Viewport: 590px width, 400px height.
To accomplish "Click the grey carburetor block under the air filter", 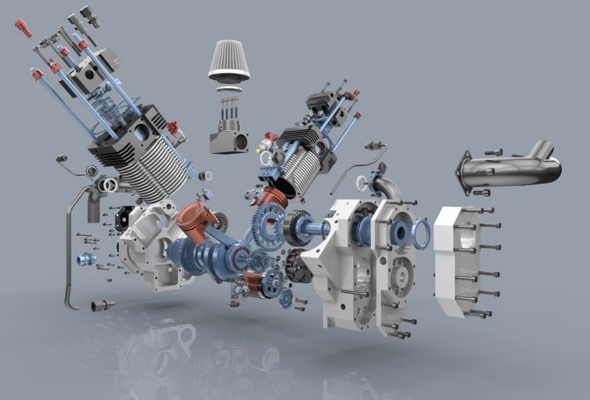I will [x=227, y=137].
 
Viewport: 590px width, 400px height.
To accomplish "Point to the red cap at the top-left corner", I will [x=23, y=28].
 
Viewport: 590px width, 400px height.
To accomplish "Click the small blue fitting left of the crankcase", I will [x=85, y=259].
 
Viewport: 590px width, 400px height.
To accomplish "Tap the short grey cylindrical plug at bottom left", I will [x=101, y=305].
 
